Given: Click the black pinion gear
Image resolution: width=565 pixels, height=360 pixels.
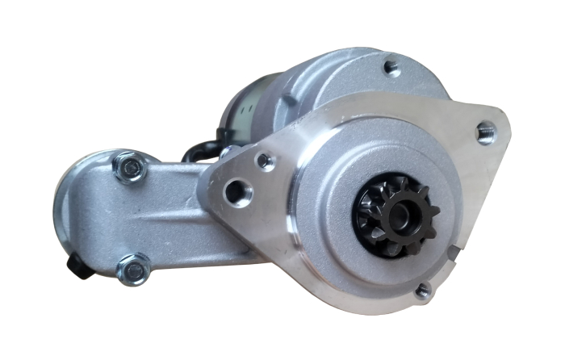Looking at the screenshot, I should point(395,212).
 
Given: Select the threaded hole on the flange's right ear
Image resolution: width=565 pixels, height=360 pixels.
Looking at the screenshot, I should point(486,131).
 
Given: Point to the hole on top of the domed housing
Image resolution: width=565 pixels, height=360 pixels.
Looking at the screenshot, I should point(392,67).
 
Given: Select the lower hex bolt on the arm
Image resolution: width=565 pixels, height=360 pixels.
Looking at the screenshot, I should point(133,270).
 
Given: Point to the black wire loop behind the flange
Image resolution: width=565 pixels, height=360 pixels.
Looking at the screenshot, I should point(199,151).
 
